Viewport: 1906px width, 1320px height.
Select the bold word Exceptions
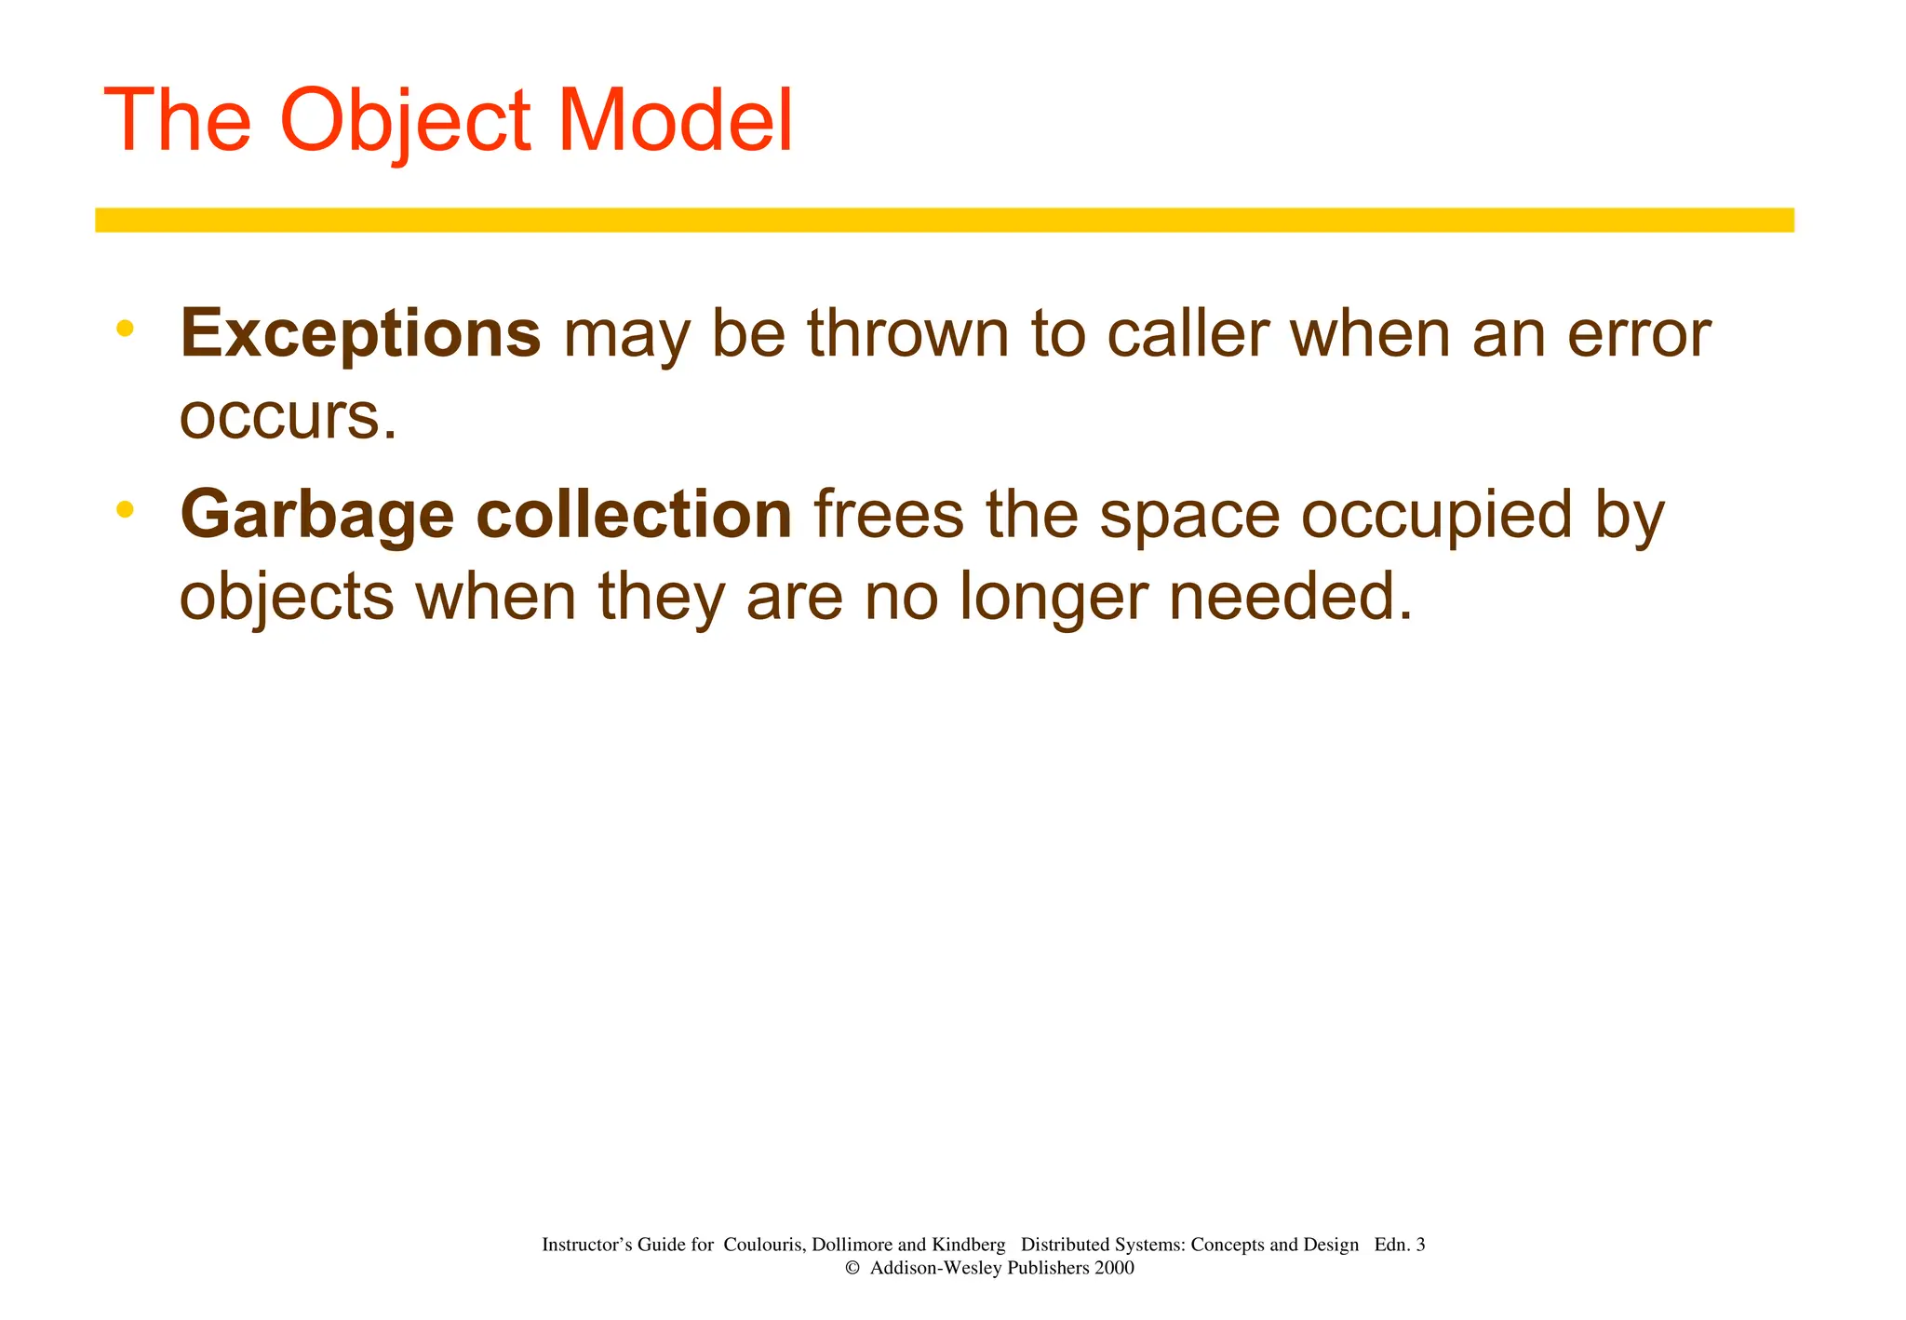tap(360, 334)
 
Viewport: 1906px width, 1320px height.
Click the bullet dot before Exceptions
tap(126, 328)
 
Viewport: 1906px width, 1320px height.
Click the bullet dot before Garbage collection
tap(126, 509)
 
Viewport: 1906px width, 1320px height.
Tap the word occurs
tap(288, 417)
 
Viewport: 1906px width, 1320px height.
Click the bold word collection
tap(634, 515)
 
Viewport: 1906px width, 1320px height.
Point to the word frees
tap(889, 515)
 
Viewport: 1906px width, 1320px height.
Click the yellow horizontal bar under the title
tap(944, 220)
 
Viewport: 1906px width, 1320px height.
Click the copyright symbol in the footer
tap(851, 1268)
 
